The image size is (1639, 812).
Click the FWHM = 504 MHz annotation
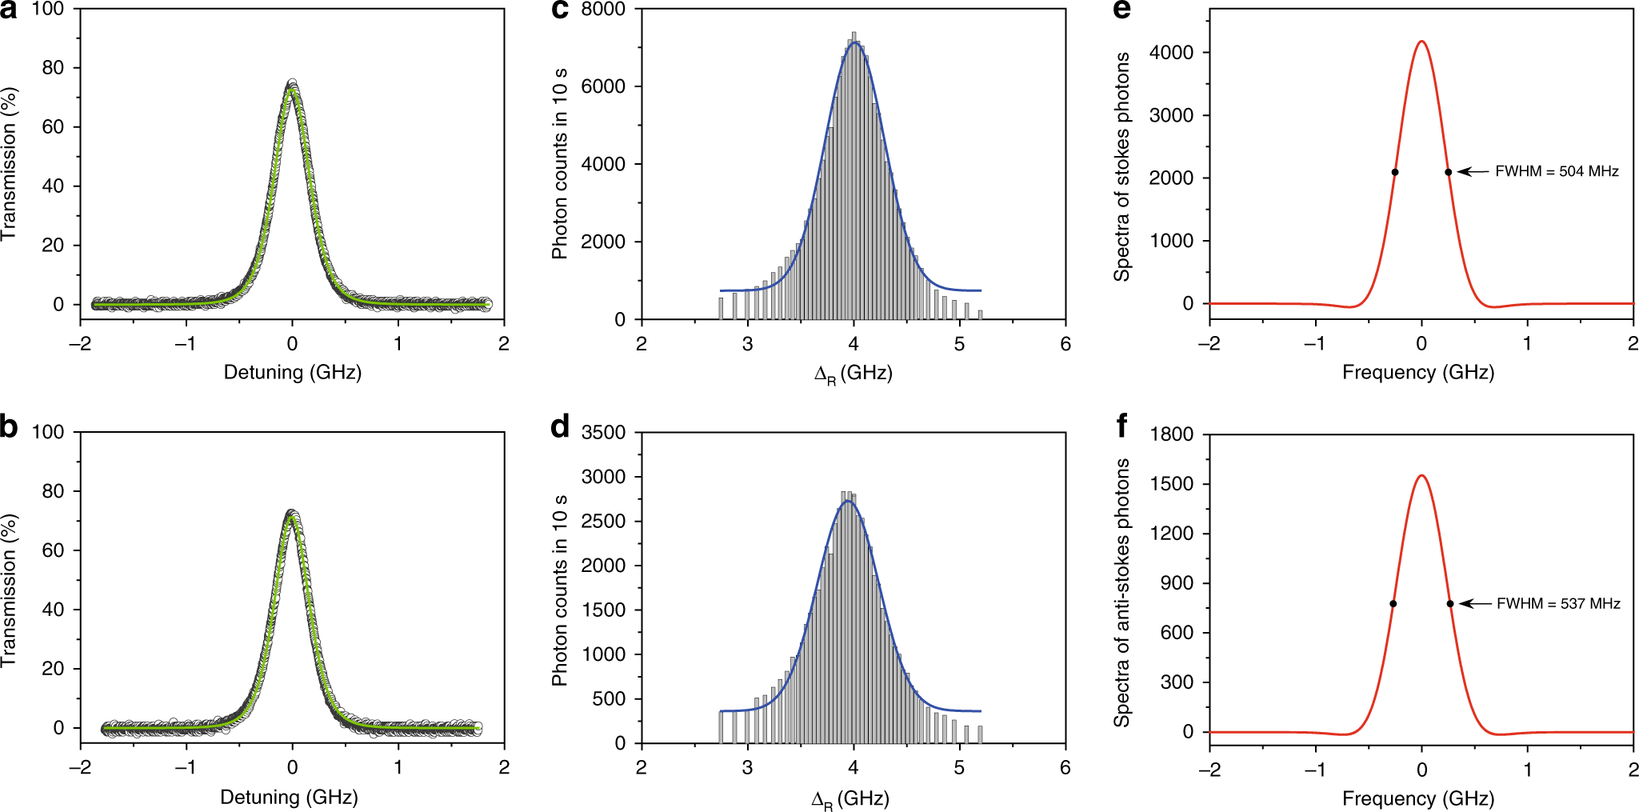click(x=1556, y=171)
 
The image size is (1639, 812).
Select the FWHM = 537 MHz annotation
click(x=1557, y=603)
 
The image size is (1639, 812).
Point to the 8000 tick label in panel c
click(x=603, y=10)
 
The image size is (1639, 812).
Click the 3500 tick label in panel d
click(x=603, y=433)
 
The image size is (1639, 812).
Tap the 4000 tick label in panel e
click(x=1171, y=53)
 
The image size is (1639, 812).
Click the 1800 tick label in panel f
click(x=1171, y=434)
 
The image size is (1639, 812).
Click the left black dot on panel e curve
click(x=1395, y=172)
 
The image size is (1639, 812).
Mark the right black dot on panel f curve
click(x=1450, y=604)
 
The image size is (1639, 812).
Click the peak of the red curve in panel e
click(x=1421, y=42)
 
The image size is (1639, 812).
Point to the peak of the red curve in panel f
click(x=1421, y=476)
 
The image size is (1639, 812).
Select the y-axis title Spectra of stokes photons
click(x=1122, y=166)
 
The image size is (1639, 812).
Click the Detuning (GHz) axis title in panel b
click(x=289, y=797)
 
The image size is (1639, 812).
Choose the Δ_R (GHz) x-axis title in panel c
click(x=853, y=374)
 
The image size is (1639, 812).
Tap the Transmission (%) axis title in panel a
click(x=9, y=164)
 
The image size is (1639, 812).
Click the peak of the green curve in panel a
click(x=292, y=89)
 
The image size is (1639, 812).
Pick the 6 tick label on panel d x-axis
click(x=1065, y=767)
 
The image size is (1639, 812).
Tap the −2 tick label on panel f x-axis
click(x=1209, y=770)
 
